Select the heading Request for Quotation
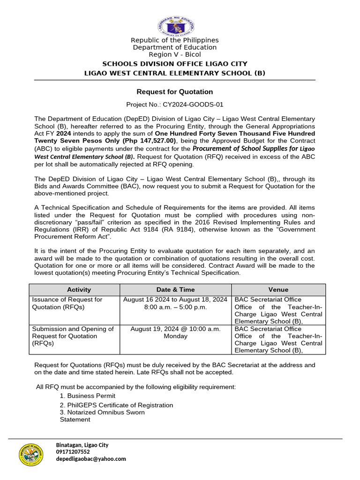174,92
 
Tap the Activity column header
79,290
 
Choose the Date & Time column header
175,290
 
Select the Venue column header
278,290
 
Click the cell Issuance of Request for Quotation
67,303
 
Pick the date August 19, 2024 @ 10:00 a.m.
175,329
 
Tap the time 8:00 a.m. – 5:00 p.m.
175,307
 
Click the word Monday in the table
175,336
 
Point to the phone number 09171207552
73,452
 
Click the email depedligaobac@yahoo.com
91,459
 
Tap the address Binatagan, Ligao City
82,445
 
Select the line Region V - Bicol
175,54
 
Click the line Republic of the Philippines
175,40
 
